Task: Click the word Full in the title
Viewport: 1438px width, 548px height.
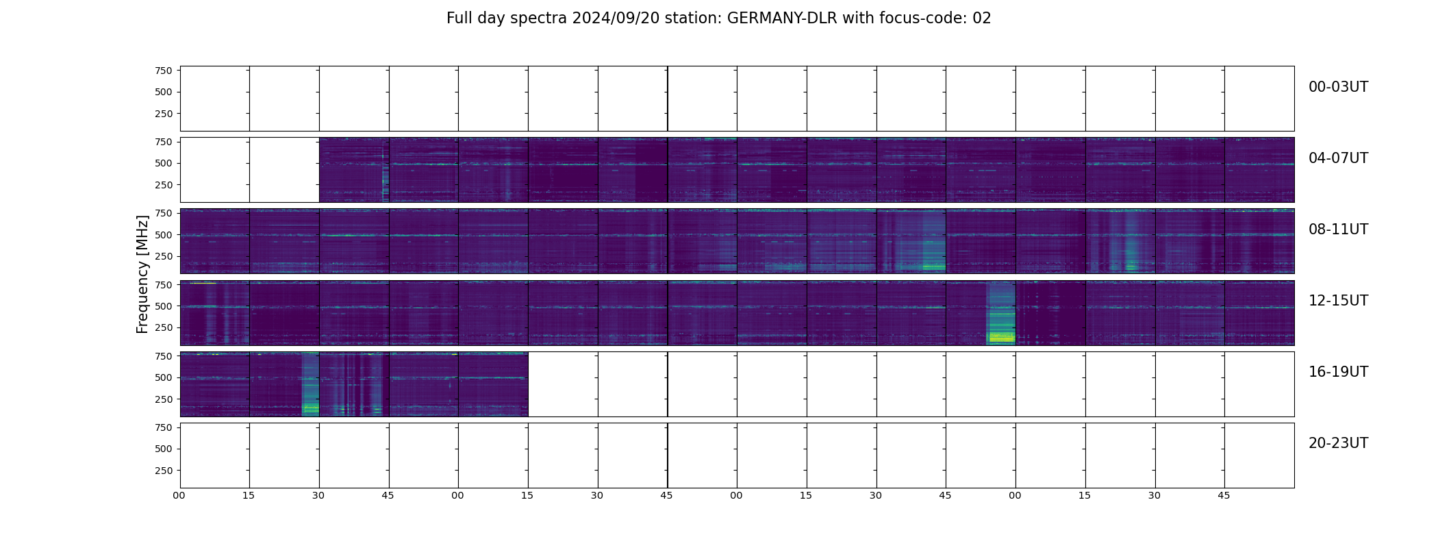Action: (459, 18)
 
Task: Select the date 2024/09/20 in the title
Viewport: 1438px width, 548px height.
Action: (616, 18)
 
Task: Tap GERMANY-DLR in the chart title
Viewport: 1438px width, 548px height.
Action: (782, 18)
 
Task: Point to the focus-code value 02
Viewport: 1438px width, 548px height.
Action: (982, 18)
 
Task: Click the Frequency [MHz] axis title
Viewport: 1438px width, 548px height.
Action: (142, 274)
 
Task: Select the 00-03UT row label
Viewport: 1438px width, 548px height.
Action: (1338, 87)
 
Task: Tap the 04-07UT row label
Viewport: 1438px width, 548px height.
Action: (1338, 158)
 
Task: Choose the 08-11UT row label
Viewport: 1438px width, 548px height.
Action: (1338, 229)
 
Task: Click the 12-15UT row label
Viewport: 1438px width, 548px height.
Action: (1338, 301)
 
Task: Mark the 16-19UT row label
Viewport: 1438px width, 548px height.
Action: (1338, 372)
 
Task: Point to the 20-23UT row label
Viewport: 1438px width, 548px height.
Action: (1338, 443)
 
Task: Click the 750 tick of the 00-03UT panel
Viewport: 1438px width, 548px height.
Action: (163, 71)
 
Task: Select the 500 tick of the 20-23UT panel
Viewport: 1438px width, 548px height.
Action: (163, 449)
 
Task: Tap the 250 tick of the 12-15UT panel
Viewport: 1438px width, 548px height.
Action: (163, 328)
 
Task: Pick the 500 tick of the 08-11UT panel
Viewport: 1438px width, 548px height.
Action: (163, 235)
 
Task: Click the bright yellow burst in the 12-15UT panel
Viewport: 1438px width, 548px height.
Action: (1001, 336)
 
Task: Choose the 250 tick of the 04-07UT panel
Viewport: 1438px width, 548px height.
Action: (163, 186)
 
